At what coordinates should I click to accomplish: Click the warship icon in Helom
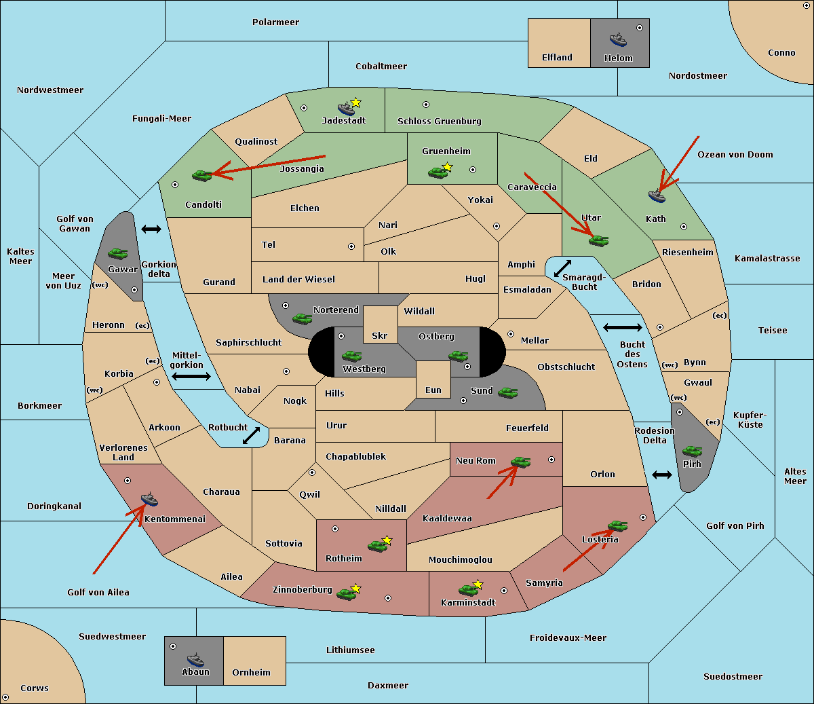(x=618, y=39)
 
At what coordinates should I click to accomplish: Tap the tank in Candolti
(x=202, y=175)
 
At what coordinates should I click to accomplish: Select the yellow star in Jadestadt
(x=356, y=103)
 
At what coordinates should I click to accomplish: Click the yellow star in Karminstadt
(x=478, y=584)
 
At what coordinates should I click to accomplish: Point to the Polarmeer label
(x=275, y=22)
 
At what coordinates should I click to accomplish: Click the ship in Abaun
(x=195, y=659)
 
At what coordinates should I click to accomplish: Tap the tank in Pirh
(x=693, y=451)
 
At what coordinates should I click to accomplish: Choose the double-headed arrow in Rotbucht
(x=251, y=436)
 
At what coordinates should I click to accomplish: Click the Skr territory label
(x=380, y=335)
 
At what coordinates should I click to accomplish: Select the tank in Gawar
(x=118, y=253)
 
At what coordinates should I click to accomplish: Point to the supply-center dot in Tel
(x=351, y=246)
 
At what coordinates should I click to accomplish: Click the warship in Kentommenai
(x=150, y=499)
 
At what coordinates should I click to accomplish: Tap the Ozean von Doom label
(x=735, y=155)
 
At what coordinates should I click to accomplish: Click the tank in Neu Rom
(x=520, y=462)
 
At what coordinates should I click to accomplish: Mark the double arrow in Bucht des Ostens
(x=623, y=327)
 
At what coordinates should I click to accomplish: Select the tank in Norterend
(x=302, y=318)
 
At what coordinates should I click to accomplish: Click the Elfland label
(x=557, y=58)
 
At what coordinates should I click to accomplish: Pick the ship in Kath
(x=657, y=196)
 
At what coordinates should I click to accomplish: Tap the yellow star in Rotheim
(x=387, y=540)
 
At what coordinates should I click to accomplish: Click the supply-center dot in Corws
(x=5, y=697)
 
